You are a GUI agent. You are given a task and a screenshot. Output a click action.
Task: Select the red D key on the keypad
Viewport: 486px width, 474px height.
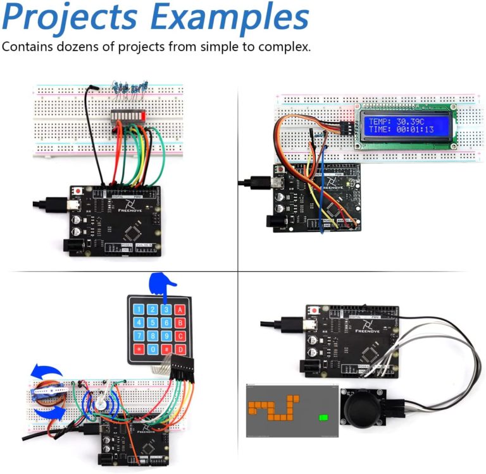tap(180, 349)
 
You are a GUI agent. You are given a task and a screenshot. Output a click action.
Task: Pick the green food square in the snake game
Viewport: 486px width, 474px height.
tap(325, 417)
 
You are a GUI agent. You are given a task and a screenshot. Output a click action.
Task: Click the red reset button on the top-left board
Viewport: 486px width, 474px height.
tap(78, 190)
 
